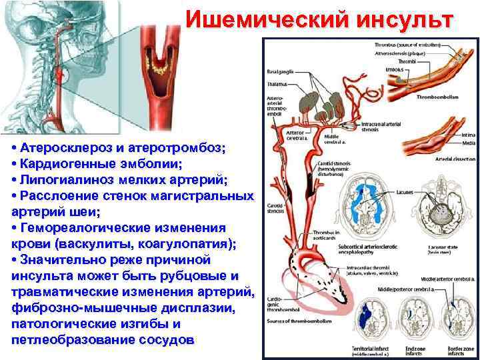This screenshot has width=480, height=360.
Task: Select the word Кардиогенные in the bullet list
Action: (x=67, y=164)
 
